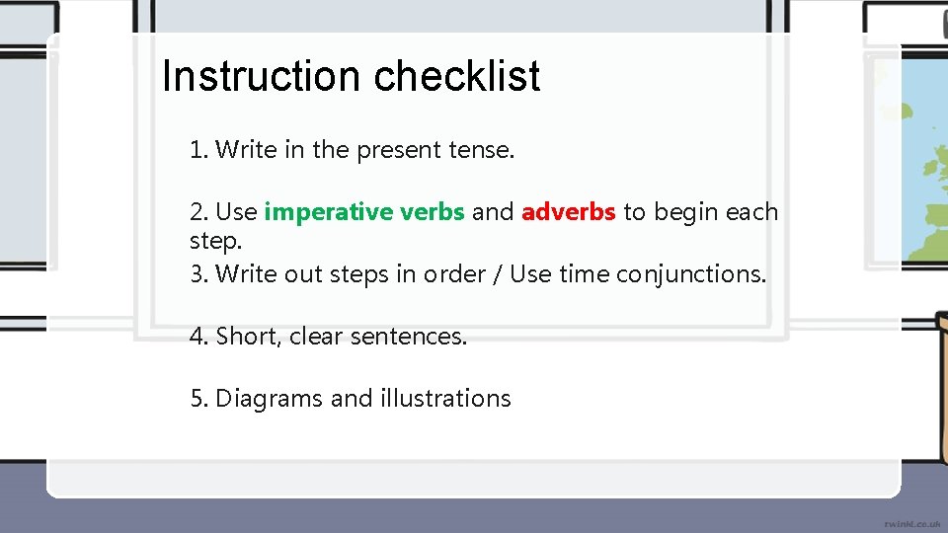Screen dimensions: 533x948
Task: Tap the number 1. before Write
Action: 198,150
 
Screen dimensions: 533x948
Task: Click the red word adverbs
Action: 569,212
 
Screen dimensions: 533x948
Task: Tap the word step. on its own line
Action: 215,241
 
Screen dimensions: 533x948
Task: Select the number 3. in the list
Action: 198,273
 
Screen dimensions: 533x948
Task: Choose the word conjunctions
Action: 690,273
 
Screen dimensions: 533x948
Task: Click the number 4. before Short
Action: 199,337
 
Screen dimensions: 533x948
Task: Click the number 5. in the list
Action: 199,399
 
